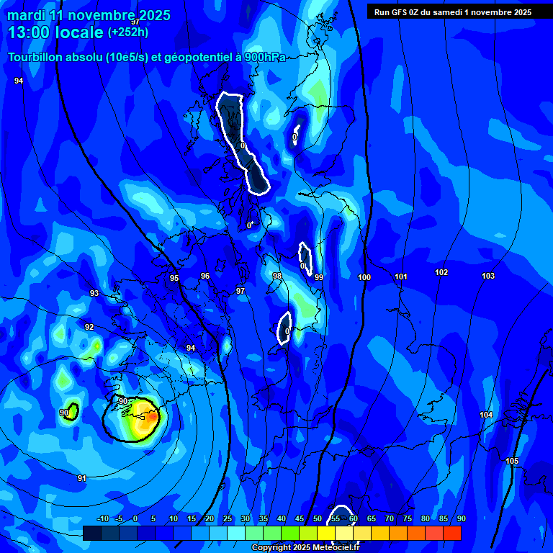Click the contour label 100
click(x=364, y=277)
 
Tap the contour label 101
click(x=401, y=276)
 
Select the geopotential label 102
click(x=441, y=272)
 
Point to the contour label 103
click(x=488, y=276)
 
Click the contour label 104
click(x=487, y=415)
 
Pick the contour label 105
click(x=512, y=461)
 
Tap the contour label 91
click(x=82, y=478)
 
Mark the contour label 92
click(x=89, y=327)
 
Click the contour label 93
click(x=94, y=293)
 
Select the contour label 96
click(x=205, y=276)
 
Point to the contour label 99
click(x=319, y=277)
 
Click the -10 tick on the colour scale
click(x=102, y=519)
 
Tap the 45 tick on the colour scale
click(x=300, y=519)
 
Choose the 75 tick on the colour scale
click(x=408, y=519)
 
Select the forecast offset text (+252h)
click(x=128, y=32)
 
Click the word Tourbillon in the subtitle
click(x=34, y=58)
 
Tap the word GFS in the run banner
click(x=397, y=12)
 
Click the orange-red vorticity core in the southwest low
click(x=152, y=416)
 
